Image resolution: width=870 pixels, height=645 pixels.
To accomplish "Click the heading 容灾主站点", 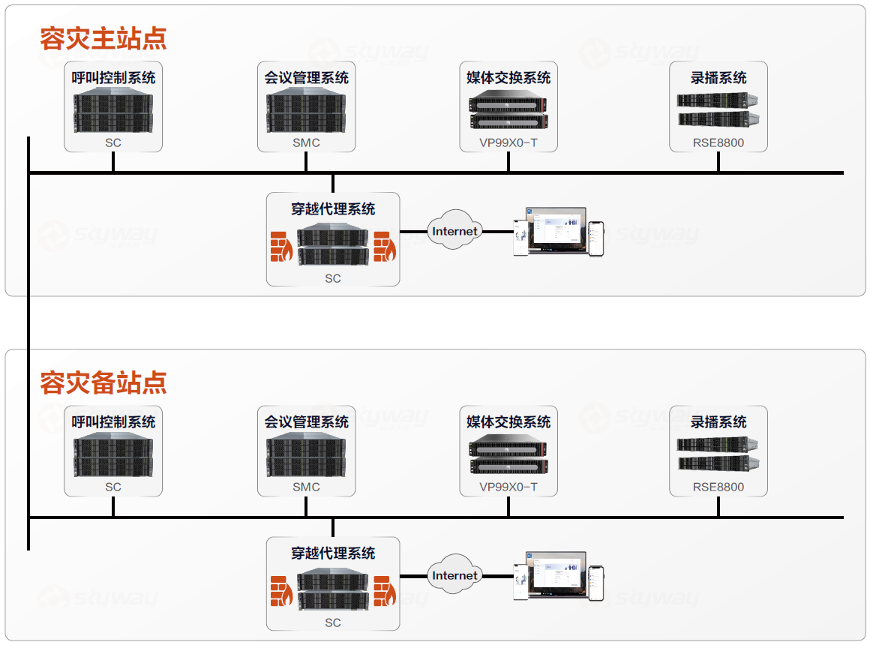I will (103, 38).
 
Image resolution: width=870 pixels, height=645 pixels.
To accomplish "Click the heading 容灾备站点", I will (103, 382).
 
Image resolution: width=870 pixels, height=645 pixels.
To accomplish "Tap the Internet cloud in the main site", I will (454, 231).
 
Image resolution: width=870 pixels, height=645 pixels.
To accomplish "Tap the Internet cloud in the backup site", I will (454, 575).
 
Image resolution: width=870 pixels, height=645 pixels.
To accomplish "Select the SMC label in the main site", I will (306, 142).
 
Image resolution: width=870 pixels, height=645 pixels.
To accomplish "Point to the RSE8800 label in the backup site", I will (718, 487).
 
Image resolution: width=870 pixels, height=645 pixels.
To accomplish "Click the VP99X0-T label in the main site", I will (508, 142).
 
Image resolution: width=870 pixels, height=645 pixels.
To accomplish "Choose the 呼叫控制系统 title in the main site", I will (113, 77).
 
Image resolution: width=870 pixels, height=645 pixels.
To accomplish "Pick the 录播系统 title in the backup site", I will (718, 422).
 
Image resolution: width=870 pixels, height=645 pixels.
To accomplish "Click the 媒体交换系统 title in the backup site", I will (508, 422).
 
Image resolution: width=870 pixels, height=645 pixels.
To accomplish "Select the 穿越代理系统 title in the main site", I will (333, 209).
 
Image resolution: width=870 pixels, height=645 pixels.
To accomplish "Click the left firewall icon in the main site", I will (282, 247).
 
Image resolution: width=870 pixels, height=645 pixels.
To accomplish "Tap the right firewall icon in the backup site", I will (385, 591).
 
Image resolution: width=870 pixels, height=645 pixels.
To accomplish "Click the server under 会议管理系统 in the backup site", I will (306, 455).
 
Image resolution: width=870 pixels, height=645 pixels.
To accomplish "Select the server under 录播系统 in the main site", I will (718, 109).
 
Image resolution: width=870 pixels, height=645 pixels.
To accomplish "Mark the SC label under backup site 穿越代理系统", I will (333, 622).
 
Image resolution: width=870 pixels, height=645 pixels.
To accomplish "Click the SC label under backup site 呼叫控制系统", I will (113, 487).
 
